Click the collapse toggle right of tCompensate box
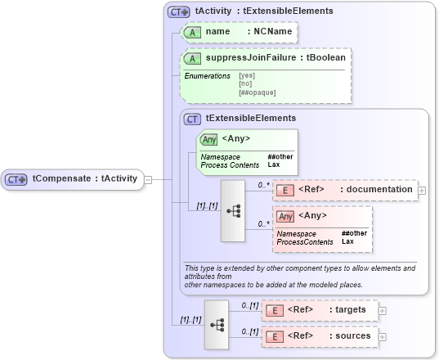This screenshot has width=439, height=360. click(147, 178)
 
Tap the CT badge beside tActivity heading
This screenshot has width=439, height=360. click(178, 12)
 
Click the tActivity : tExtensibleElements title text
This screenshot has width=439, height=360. click(253, 12)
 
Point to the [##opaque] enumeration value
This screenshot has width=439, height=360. click(257, 92)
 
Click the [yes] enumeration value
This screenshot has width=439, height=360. click(246, 76)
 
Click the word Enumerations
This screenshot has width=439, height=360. click(207, 76)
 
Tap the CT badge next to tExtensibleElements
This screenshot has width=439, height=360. click(193, 119)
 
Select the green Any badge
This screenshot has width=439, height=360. click(208, 138)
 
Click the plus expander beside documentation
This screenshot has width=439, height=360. click(422, 191)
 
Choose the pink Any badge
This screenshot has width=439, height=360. click(285, 216)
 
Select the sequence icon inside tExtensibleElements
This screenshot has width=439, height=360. click(232, 212)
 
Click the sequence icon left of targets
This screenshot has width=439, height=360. click(217, 323)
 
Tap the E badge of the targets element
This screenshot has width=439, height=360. click(276, 310)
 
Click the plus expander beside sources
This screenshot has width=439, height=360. click(383, 336)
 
